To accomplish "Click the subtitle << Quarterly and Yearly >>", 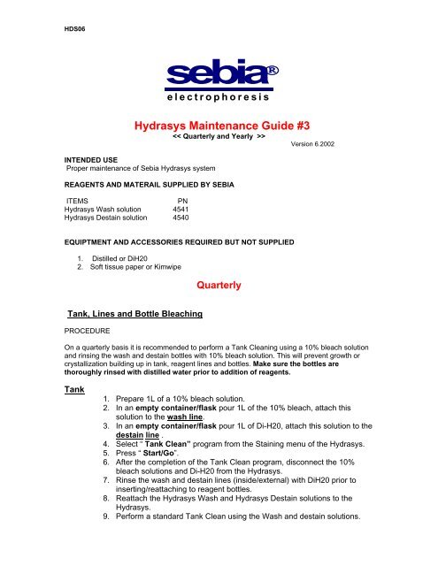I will pos(219,139).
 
